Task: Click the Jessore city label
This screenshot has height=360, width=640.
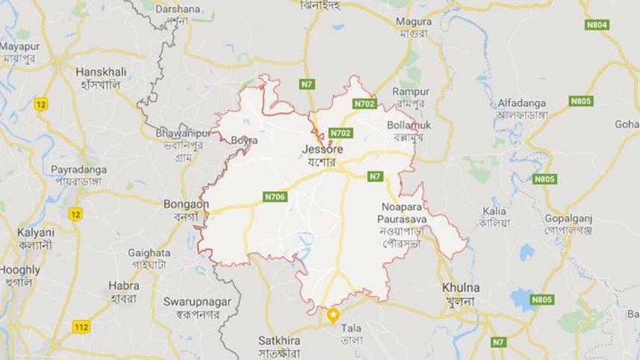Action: click(321, 149)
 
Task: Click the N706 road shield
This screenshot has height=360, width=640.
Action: click(275, 197)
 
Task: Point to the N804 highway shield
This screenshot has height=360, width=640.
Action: click(596, 25)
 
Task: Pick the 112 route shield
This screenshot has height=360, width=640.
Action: click(82, 326)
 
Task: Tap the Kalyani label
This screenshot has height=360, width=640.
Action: click(36, 232)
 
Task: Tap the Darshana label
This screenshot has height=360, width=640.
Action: click(177, 9)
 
